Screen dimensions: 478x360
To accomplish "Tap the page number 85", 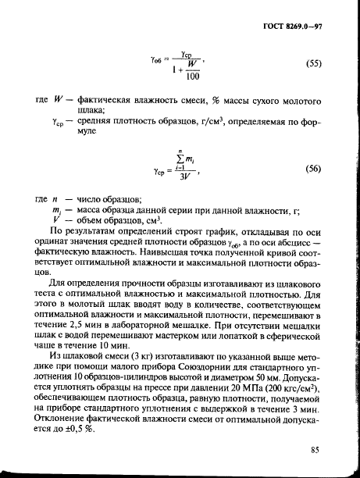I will [315, 449].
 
